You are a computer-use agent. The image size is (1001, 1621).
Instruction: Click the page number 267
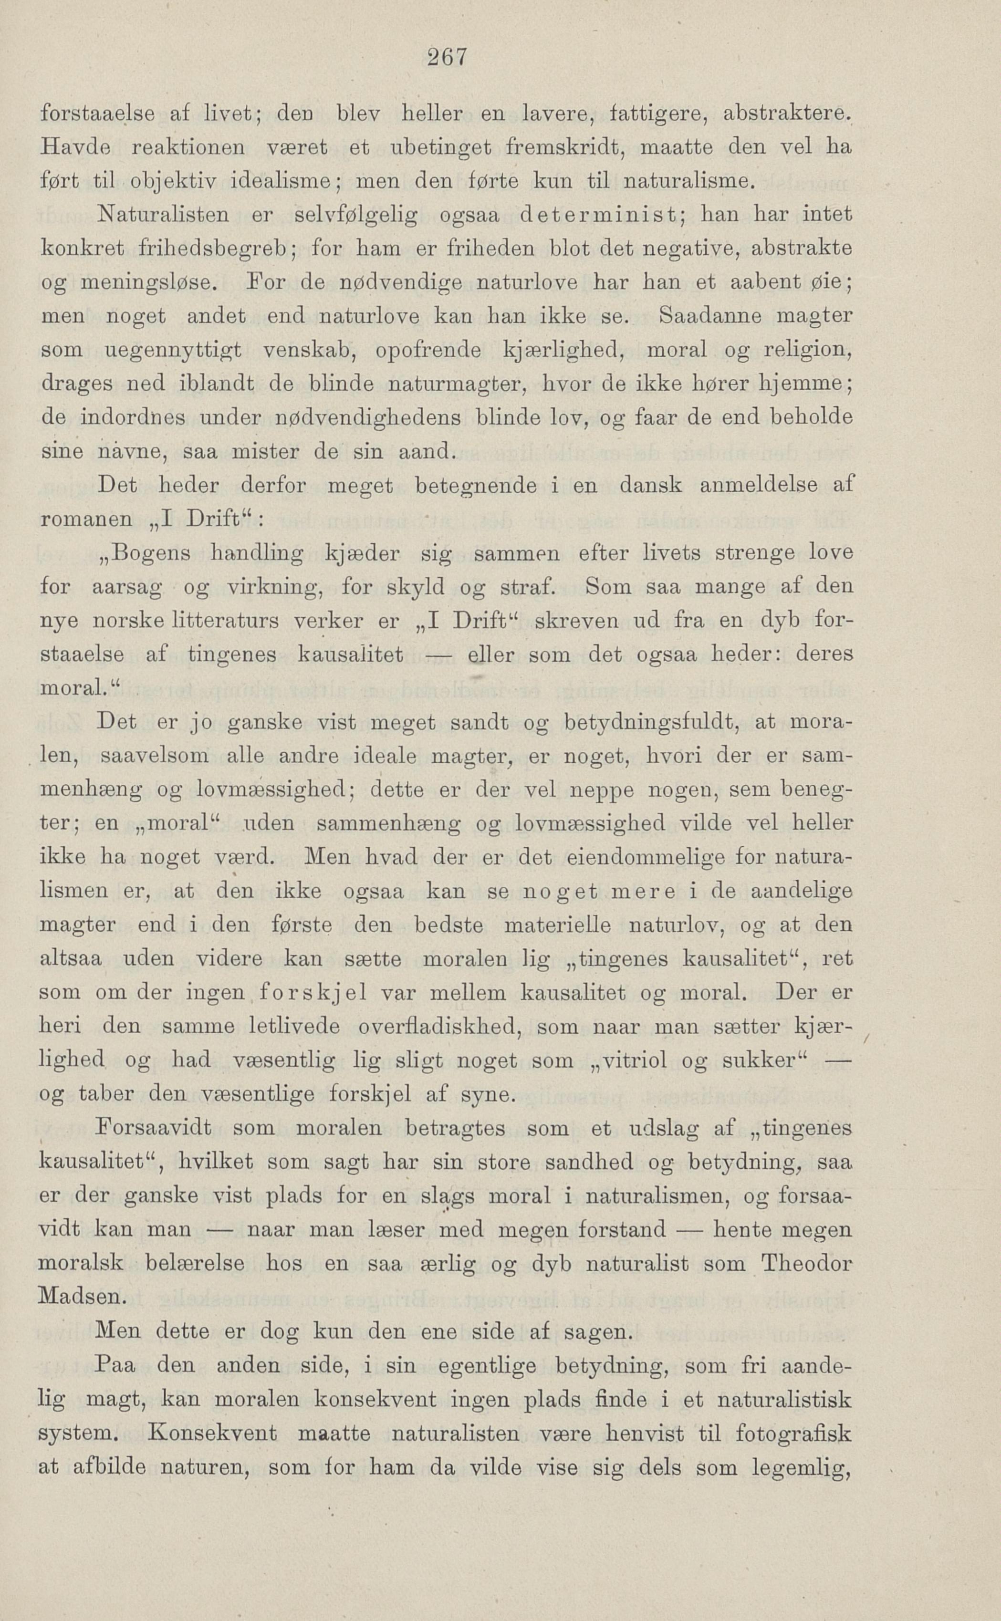tap(447, 57)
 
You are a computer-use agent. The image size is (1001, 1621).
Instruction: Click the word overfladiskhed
tap(437, 1027)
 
